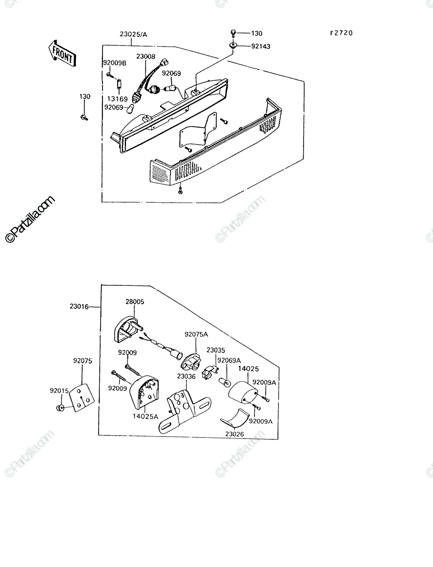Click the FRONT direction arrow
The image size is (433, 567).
(62, 54)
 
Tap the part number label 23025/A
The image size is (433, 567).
(134, 34)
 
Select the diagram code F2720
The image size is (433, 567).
(341, 33)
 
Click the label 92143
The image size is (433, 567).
(261, 46)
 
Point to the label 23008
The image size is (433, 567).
(146, 56)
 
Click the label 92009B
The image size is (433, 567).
(115, 63)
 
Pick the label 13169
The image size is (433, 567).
(118, 99)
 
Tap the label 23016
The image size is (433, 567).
(79, 306)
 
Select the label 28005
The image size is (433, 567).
(135, 301)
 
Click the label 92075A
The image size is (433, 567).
(196, 334)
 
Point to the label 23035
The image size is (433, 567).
(216, 350)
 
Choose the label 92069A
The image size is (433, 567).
(229, 360)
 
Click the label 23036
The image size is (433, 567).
(187, 377)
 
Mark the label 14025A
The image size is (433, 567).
(145, 416)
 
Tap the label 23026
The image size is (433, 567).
(235, 434)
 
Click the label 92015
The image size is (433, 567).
(59, 391)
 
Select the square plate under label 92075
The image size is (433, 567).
(83, 397)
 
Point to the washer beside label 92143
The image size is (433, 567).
(233, 46)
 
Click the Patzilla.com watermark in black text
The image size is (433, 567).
(30, 219)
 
